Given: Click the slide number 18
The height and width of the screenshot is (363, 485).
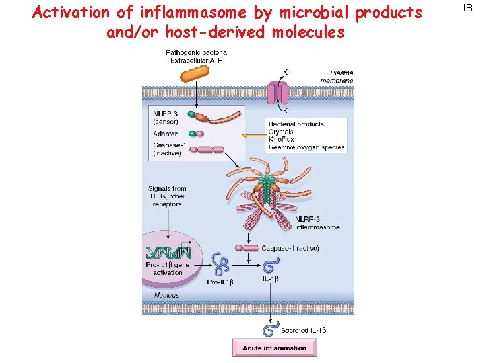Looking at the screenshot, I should (x=466, y=8).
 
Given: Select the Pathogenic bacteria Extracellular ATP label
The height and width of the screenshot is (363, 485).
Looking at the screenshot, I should (x=196, y=56).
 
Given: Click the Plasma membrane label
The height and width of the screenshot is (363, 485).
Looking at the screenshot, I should (x=341, y=77).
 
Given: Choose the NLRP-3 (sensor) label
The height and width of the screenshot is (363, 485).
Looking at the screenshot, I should (x=166, y=117).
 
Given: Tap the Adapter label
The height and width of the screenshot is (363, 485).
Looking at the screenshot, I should (x=165, y=134).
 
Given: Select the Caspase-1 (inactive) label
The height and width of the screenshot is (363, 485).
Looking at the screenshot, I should (x=167, y=149).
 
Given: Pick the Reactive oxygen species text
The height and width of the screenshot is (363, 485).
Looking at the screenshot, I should (x=306, y=147).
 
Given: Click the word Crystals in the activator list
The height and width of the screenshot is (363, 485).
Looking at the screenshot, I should (x=282, y=132).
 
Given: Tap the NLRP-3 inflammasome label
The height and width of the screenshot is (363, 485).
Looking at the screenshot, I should (x=317, y=223).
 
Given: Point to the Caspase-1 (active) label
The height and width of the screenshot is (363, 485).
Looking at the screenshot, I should (x=290, y=248).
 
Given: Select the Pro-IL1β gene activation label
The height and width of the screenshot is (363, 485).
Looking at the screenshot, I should (x=168, y=268).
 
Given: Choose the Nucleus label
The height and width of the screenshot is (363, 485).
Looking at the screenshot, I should (x=166, y=294).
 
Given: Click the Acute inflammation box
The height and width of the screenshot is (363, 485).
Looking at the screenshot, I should (x=274, y=348).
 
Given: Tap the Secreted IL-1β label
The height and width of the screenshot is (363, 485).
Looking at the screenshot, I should (x=303, y=330).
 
